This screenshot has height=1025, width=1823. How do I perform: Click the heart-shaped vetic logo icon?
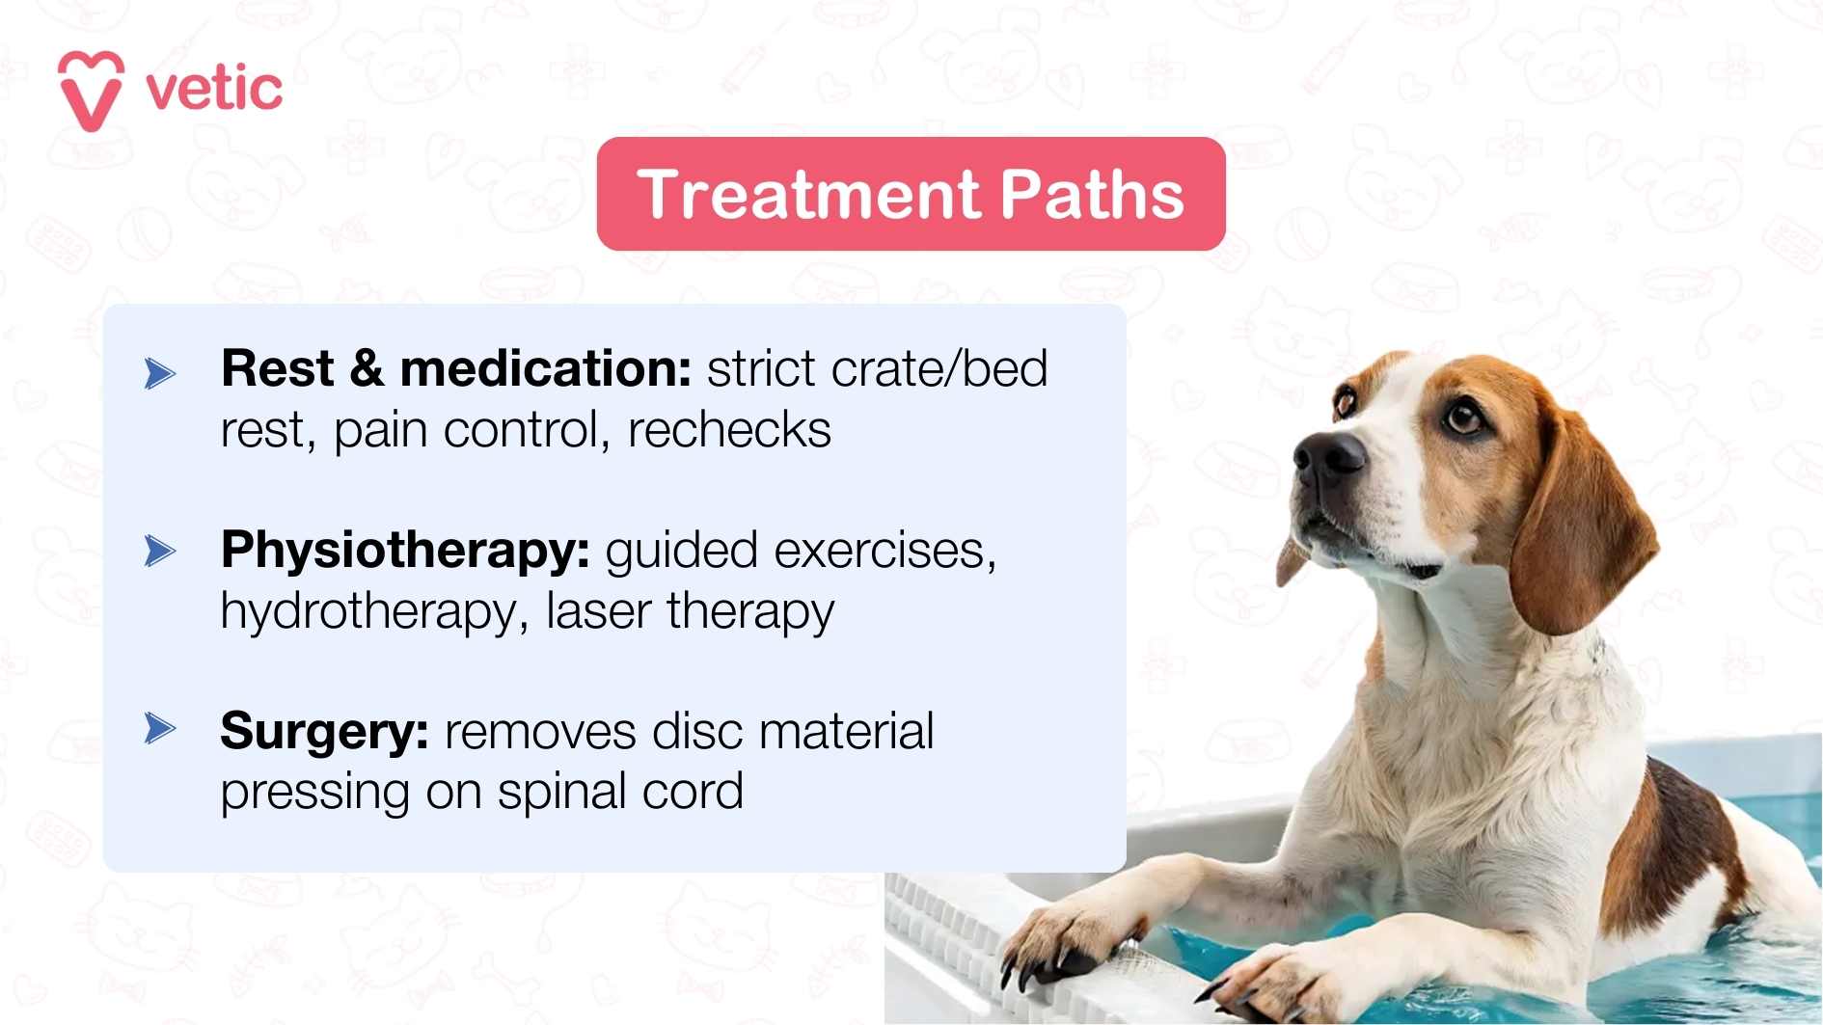pos(91,90)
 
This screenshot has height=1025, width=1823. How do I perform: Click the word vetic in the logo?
pos(214,89)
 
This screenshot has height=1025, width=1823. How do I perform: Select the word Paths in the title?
pos(1091,195)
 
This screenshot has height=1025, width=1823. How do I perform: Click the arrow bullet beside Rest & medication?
pos(160,373)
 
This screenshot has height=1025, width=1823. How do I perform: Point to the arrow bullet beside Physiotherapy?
pos(160,552)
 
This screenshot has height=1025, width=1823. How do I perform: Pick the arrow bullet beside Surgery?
pos(160,728)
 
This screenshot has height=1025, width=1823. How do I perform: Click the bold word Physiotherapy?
pos(405,552)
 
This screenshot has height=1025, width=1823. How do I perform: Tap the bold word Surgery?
pos(324,732)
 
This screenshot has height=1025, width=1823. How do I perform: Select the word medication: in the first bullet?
pos(545,369)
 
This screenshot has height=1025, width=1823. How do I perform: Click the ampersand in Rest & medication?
pos(367,369)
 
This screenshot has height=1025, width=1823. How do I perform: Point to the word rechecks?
pos(729,430)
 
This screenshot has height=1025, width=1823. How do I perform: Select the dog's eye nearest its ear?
pos(1464,417)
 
